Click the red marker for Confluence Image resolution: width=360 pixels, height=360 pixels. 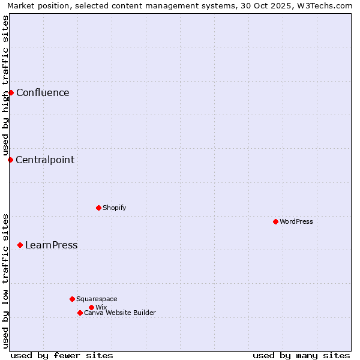[x=11, y=92]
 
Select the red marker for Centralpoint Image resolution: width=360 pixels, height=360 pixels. [x=10, y=160]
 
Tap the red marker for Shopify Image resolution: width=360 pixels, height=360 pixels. [x=98, y=208]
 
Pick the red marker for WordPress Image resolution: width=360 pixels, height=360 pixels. [x=275, y=221]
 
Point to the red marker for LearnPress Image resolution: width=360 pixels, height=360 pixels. [x=20, y=245]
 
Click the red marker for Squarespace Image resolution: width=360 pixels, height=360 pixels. [x=72, y=299]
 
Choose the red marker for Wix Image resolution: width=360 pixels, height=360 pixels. [x=91, y=307]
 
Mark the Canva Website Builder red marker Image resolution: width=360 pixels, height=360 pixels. [x=80, y=313]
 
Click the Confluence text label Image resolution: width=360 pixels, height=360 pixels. [x=43, y=92]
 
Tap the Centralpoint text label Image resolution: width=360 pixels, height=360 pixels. [x=45, y=160]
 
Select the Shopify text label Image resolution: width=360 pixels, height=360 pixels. [x=114, y=208]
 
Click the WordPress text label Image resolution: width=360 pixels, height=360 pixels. [x=296, y=221]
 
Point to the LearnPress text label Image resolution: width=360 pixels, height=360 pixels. [x=51, y=245]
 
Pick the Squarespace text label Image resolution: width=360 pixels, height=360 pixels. [x=97, y=299]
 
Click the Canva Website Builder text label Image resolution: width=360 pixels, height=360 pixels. [x=120, y=313]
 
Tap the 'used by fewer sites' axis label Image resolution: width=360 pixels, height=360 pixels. [x=62, y=355]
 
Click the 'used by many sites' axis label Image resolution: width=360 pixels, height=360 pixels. [x=301, y=355]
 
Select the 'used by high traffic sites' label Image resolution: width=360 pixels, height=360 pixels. [x=5, y=85]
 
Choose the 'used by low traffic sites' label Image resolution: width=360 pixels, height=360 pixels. [x=5, y=281]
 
